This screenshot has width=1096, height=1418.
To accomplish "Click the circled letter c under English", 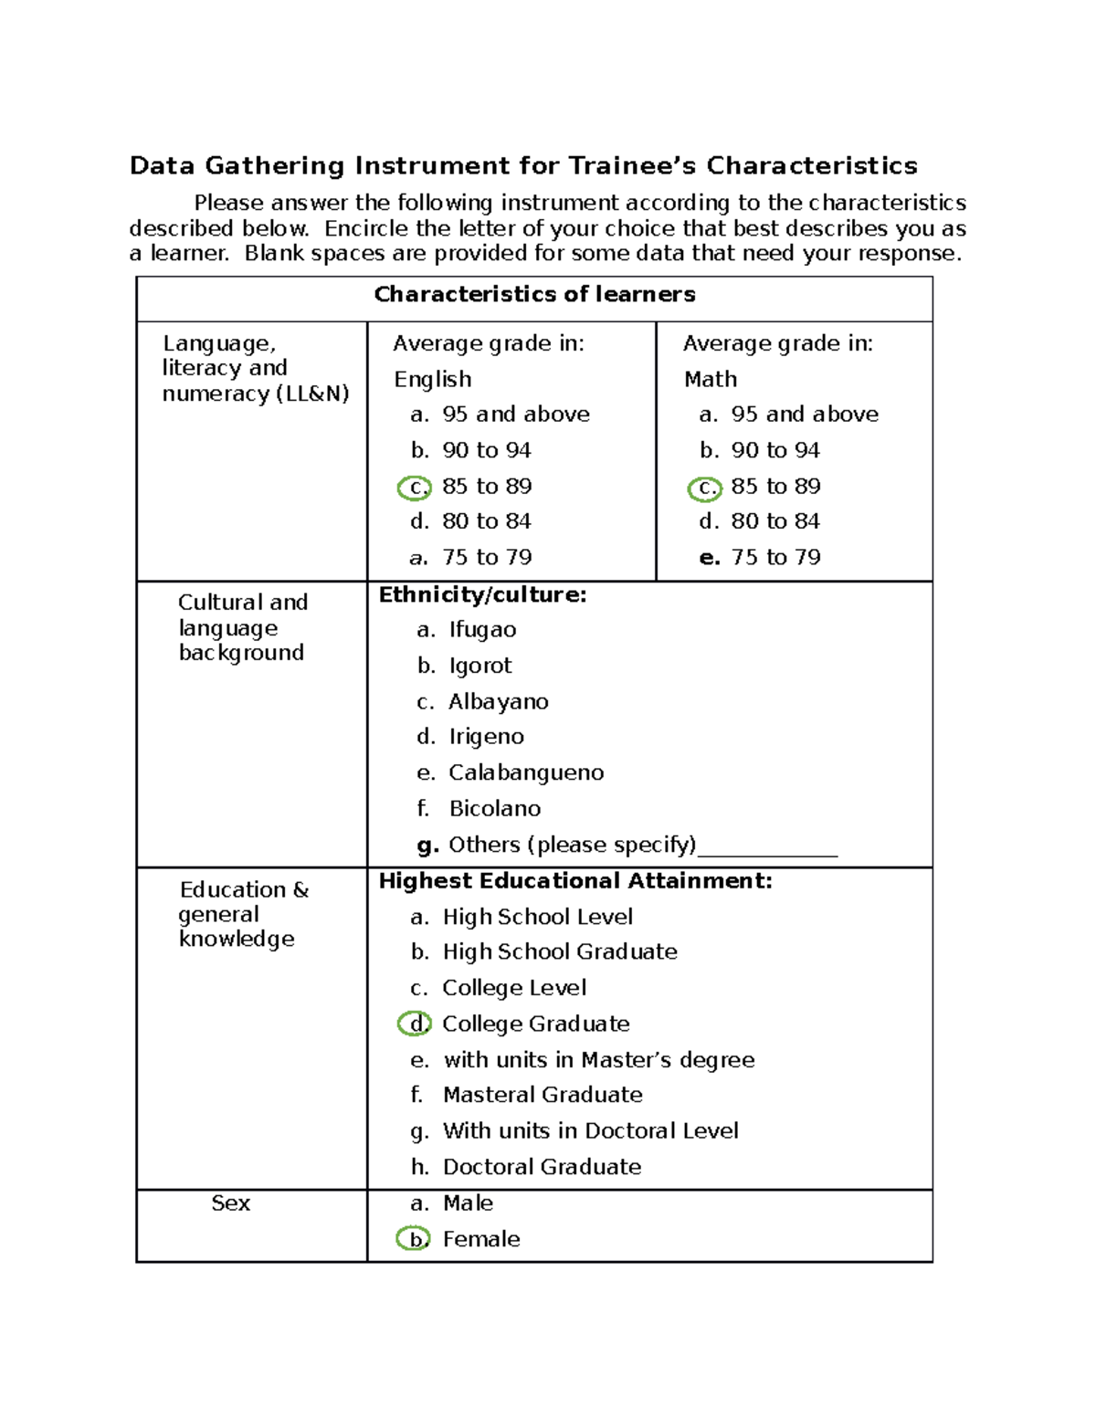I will tap(415, 488).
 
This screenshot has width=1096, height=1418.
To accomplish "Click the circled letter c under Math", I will tap(704, 488).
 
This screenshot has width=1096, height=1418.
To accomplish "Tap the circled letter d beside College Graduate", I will tap(414, 1024).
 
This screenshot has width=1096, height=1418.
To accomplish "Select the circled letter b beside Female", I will tap(413, 1239).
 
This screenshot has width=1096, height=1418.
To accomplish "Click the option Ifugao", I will tap(482, 630).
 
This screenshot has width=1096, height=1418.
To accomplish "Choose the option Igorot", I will tap(480, 666).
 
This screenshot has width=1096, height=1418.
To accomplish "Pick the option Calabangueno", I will tap(526, 773).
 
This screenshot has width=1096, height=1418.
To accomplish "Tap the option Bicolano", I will tap(494, 809).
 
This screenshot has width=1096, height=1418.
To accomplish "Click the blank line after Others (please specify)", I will tap(767, 849).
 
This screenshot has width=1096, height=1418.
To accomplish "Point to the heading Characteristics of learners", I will tap(534, 294).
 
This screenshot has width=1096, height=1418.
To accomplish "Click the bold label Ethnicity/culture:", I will tap(482, 595).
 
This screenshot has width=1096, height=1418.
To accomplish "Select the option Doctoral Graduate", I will tap(542, 1167).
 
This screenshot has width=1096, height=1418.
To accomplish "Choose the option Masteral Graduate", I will tap(543, 1095).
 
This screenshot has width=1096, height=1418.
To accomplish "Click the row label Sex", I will tap(230, 1203).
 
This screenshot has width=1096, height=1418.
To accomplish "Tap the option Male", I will tap(468, 1203).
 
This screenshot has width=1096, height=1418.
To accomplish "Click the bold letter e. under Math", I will tap(710, 558).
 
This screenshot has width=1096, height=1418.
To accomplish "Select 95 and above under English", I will tap(516, 415).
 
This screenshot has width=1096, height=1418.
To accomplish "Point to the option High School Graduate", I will tap(560, 952).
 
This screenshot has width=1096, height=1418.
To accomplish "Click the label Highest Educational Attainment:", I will tap(575, 881).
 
